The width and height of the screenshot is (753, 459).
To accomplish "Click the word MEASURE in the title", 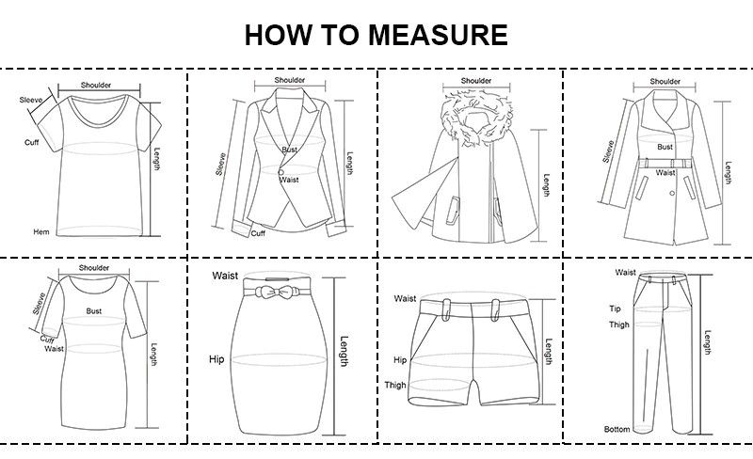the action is [438, 35].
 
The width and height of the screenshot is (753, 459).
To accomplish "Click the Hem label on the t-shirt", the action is [41, 232].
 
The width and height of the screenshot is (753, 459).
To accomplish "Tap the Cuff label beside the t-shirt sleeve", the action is [32, 142].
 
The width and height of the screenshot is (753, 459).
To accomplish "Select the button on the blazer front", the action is [280, 172].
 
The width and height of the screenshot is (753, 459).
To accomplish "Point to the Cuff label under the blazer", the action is [258, 233].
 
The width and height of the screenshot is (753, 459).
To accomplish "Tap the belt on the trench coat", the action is [665, 164].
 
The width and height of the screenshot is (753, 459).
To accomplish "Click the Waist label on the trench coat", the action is [665, 172].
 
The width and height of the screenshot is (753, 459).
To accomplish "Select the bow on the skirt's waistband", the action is [277, 292].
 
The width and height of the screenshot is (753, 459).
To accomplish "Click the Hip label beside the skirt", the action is [216, 359].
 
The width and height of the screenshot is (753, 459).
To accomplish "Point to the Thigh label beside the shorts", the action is [395, 385].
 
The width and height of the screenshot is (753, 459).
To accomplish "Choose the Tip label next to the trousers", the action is [616, 309].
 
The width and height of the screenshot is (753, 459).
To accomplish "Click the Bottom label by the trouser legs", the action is [617, 429].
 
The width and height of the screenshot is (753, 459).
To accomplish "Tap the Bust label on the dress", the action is [93, 311].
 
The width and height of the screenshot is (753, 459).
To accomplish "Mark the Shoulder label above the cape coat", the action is [476, 81].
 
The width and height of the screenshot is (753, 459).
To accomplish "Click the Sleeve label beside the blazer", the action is [220, 165].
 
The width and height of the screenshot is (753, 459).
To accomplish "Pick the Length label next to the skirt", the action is [344, 352].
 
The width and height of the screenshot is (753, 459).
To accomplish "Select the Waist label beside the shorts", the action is [405, 299].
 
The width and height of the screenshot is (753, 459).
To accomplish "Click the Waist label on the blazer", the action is [289, 180].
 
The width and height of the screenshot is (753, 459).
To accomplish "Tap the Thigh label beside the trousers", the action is [619, 324].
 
